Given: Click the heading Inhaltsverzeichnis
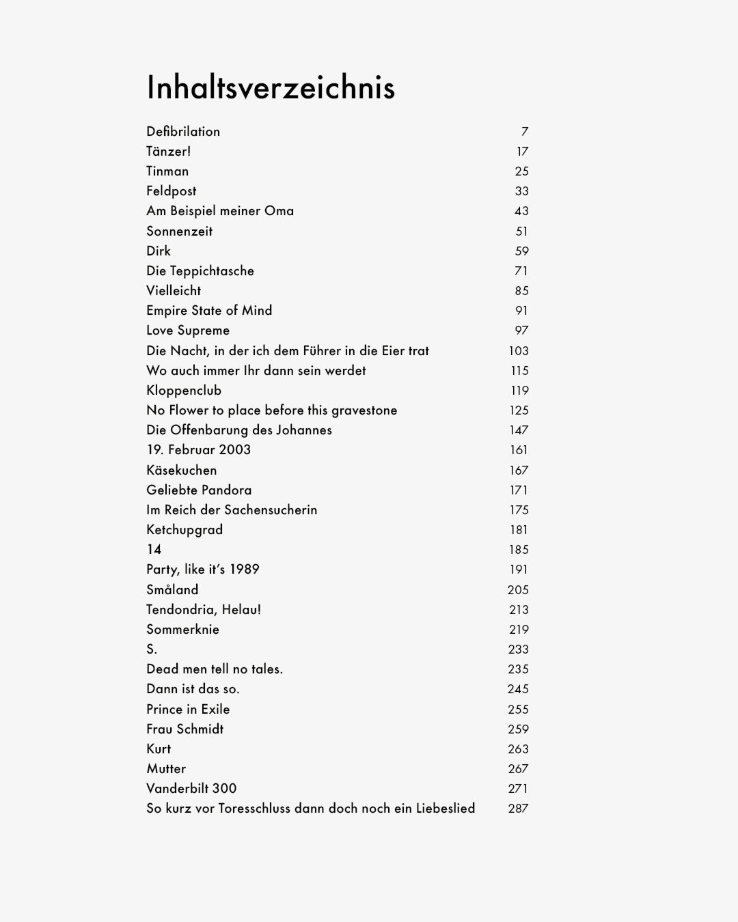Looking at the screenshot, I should point(271,87).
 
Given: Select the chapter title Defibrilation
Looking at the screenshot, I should point(183,131).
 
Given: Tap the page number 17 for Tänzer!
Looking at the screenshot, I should point(522,152).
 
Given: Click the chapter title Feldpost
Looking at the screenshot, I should point(171,191).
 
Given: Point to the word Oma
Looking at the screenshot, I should point(279,211).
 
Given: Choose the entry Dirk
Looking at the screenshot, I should point(159,251).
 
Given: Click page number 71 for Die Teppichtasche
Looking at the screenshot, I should point(521,271).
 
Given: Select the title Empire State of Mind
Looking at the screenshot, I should point(209,311).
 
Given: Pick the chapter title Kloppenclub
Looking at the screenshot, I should point(184,391).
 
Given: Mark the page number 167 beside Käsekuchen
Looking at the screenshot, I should point(519,471).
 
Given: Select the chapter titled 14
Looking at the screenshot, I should point(154,550).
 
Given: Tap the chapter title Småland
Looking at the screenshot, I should point(172,590).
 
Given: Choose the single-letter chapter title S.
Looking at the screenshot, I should point(152,649).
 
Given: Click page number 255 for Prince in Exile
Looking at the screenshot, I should point(518,710).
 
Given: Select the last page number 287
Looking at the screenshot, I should point(518,809).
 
